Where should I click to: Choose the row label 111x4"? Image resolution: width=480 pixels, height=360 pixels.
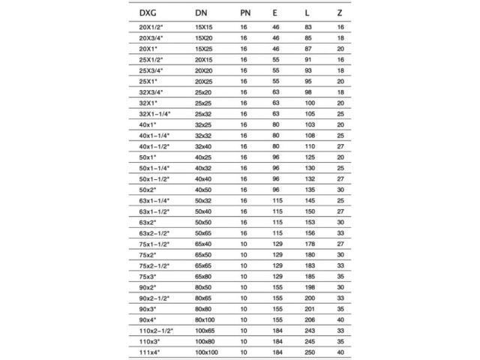pyautogui.click(x=149, y=351)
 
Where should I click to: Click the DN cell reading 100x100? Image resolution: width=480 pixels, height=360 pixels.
pyautogui.click(x=206, y=351)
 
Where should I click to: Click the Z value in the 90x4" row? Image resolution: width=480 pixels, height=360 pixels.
pyautogui.click(x=341, y=319)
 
